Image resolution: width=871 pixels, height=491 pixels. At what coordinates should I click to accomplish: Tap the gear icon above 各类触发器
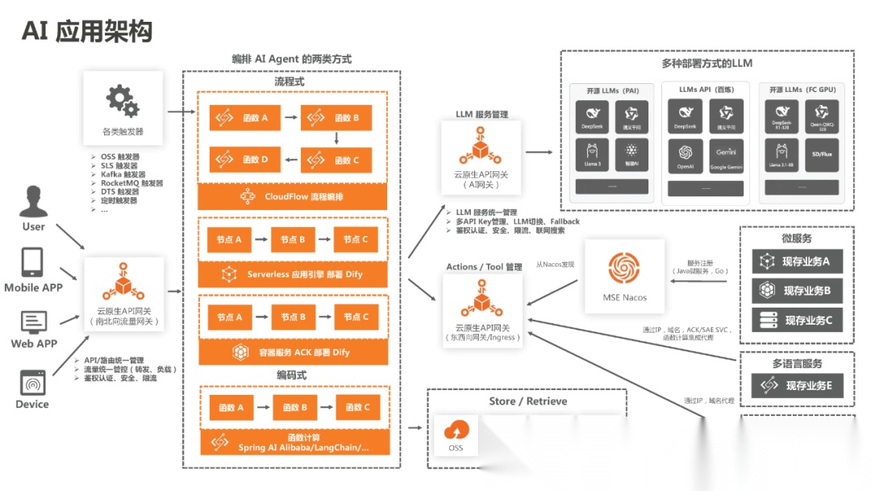[123, 101]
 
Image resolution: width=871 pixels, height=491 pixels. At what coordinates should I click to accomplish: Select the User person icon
[33, 201]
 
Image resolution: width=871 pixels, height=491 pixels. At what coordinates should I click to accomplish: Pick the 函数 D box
[244, 159]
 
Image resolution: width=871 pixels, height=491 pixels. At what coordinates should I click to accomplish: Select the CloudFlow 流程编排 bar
[292, 196]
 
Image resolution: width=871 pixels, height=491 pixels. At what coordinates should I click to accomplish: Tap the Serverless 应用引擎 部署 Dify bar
[292, 275]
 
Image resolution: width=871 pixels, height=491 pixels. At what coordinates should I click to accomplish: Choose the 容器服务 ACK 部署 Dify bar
[292, 352]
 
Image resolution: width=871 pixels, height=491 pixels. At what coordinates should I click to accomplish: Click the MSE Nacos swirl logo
[623, 268]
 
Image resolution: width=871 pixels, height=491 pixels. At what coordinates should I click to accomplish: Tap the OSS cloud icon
[456, 430]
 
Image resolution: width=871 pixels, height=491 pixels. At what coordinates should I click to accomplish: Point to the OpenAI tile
[685, 157]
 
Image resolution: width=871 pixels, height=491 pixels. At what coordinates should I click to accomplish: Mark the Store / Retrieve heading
[527, 401]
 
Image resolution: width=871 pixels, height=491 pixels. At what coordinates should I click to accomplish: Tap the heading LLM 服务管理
[481, 115]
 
